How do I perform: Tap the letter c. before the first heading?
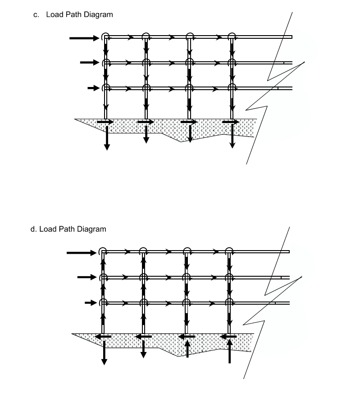click(x=36, y=15)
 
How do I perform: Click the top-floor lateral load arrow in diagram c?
click(x=84, y=38)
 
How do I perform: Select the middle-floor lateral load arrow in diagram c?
click(x=90, y=62)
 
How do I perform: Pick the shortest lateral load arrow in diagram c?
click(x=94, y=88)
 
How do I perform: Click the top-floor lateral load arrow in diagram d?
click(x=82, y=253)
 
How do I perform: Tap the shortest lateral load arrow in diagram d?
click(x=91, y=303)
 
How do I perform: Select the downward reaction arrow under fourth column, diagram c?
click(x=232, y=136)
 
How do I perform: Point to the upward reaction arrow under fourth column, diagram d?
click(x=230, y=351)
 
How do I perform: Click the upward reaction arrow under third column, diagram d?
click(x=187, y=349)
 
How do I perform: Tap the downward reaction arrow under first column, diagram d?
click(x=104, y=353)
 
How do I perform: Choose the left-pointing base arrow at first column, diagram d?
click(x=103, y=336)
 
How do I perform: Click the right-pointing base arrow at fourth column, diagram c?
click(x=230, y=122)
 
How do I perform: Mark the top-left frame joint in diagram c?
click(x=105, y=37)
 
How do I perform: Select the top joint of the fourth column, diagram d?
click(x=229, y=251)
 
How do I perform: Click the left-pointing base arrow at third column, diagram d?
click(x=186, y=336)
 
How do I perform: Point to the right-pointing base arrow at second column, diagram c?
click(x=146, y=122)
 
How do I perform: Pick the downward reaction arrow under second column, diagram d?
click(x=143, y=349)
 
